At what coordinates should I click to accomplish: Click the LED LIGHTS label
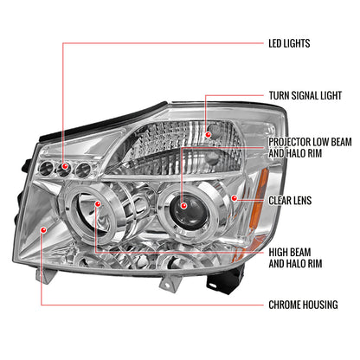(289, 43)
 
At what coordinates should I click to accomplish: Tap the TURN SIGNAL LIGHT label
(305, 95)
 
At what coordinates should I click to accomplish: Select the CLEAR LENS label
(290, 201)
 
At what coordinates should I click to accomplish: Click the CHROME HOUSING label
(303, 305)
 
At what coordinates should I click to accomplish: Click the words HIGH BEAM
(290, 253)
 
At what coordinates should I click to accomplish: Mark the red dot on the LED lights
(65, 166)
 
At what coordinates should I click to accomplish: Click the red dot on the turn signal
(208, 134)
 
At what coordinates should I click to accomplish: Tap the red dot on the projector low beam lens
(183, 206)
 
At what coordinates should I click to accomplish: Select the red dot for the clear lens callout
(235, 198)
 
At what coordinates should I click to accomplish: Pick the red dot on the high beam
(98, 204)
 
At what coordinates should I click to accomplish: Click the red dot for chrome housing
(43, 229)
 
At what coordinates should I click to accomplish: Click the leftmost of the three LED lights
(46, 169)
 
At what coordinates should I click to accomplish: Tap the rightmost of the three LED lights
(83, 170)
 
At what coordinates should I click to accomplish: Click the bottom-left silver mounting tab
(45, 275)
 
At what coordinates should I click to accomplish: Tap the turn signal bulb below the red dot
(213, 158)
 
